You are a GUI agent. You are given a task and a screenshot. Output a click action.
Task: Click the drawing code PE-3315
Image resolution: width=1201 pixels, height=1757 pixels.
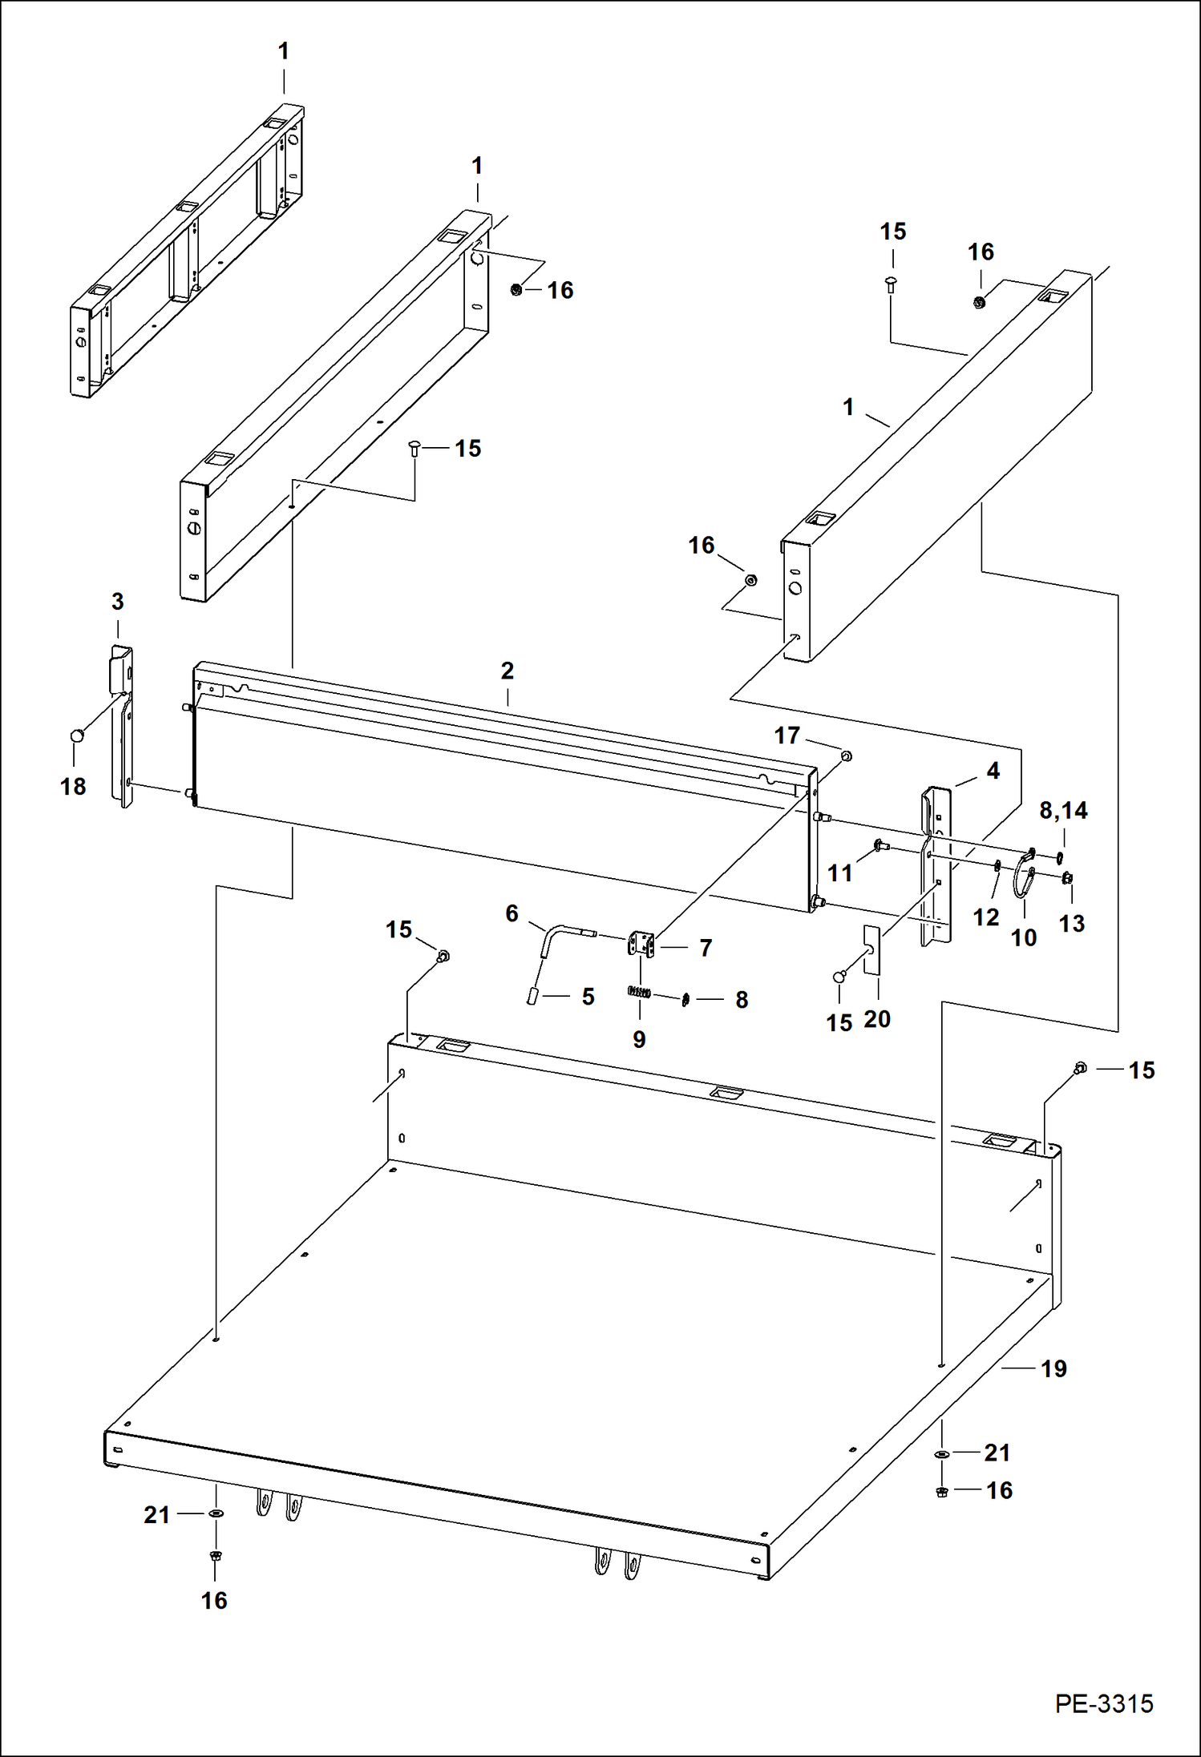click(x=1103, y=1703)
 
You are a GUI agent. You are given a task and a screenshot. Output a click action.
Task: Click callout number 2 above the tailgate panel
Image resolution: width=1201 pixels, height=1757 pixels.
click(x=507, y=671)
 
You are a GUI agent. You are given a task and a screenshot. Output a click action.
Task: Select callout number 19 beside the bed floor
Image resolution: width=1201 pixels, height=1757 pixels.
click(x=1053, y=1368)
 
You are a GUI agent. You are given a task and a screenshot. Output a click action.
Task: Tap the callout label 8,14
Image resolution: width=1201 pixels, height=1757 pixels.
click(x=1063, y=810)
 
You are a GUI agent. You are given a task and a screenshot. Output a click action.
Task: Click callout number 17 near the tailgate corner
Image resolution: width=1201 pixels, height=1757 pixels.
click(x=787, y=735)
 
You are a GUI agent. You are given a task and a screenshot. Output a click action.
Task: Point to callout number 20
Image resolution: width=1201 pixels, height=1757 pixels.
click(x=876, y=1019)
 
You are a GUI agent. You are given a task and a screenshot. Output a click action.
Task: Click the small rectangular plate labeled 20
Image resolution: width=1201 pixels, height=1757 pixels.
click(x=872, y=950)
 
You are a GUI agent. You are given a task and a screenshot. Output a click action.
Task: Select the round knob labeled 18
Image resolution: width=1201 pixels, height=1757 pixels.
click(x=78, y=735)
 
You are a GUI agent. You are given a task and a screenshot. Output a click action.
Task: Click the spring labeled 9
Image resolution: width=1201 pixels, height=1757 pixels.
click(x=638, y=992)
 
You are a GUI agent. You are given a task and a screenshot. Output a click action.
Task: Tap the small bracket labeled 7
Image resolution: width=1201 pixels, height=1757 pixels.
click(x=641, y=944)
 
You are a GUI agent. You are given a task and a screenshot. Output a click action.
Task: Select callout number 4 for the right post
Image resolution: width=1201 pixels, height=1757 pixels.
click(x=993, y=771)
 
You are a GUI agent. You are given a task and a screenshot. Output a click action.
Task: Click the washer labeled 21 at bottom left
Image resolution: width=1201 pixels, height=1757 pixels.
click(x=216, y=1513)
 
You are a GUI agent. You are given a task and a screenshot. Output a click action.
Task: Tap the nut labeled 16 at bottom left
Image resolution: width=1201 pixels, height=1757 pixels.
click(x=215, y=1556)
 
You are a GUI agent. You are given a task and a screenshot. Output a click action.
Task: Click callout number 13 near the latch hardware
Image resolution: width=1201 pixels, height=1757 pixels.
click(x=1071, y=923)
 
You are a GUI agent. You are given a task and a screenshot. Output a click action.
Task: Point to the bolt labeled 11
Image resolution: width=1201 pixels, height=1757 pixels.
click(x=877, y=844)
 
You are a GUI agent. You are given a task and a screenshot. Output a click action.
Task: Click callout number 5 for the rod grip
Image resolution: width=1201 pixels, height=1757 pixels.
click(x=588, y=997)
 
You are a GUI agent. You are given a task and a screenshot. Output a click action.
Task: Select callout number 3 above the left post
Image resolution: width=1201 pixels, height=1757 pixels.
click(x=117, y=602)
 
